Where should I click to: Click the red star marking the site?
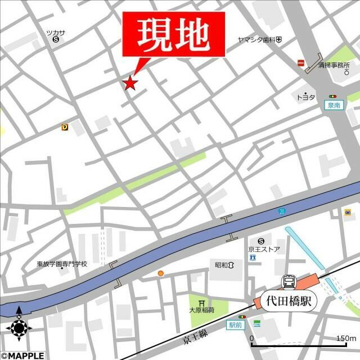(130, 83)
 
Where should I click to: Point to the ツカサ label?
(56, 33)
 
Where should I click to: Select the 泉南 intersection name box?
(334, 105)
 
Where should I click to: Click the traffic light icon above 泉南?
(334, 97)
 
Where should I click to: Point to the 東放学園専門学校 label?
(62, 263)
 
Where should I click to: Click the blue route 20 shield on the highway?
(281, 211)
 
